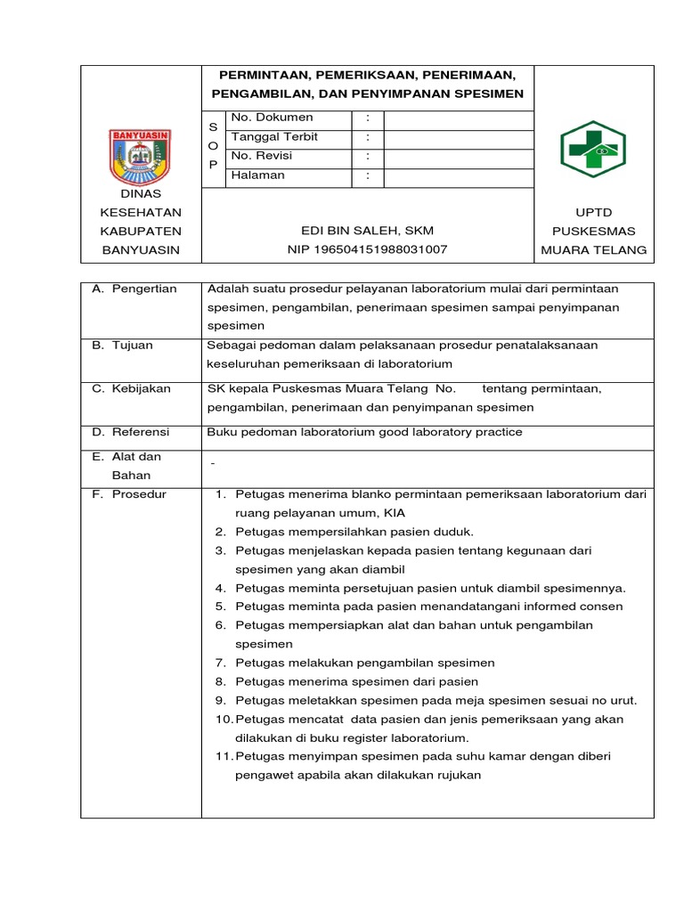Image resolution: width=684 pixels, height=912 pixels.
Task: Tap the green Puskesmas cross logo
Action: [593, 149]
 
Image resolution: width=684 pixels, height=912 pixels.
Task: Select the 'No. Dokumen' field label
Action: [272, 118]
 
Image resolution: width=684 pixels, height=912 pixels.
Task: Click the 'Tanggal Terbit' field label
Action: [274, 137]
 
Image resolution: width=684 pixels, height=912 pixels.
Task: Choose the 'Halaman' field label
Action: [257, 175]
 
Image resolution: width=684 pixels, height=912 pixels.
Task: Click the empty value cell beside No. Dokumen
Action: [458, 118]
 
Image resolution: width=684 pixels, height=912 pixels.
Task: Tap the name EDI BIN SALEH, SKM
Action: [367, 231]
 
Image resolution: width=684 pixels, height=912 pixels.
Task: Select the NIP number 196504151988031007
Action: [367, 250]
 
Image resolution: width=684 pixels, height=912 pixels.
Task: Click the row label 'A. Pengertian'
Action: [134, 289]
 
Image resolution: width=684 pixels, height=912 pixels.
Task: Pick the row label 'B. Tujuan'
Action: [122, 345]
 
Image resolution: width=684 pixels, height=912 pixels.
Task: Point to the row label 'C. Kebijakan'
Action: [132, 388]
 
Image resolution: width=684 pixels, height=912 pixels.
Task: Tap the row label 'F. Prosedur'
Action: [129, 494]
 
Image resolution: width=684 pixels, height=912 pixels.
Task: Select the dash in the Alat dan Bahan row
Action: [212, 465]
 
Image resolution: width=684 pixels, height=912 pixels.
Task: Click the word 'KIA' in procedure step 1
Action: [394, 513]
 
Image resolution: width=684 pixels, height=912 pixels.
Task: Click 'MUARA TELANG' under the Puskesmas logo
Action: [593, 250]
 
